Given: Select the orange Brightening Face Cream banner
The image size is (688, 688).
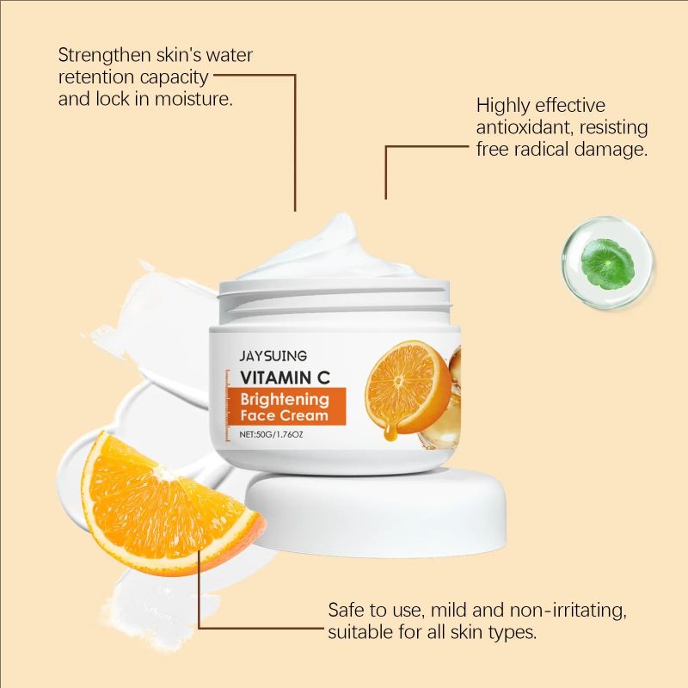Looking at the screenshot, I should [x=286, y=406].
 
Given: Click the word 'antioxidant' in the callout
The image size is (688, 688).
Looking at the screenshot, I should [x=524, y=127].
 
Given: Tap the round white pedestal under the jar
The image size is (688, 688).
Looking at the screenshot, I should [x=370, y=512].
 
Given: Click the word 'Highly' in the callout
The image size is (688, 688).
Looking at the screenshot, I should [x=504, y=106].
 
